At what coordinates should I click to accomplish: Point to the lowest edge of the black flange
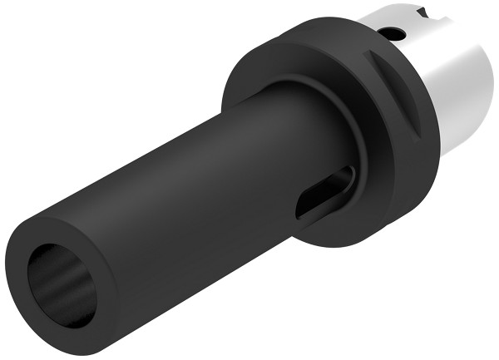[333, 247]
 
